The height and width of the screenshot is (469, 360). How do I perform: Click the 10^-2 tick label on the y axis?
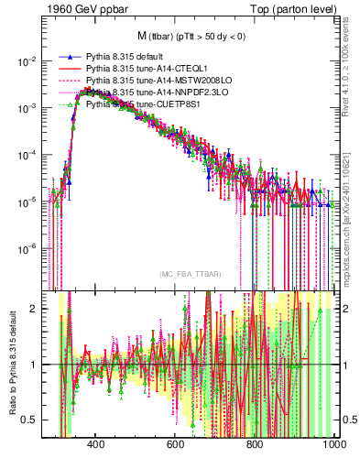coord(28,60)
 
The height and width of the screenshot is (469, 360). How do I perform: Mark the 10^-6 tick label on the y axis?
coord(28,248)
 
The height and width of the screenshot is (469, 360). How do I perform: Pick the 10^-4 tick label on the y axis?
coord(28,155)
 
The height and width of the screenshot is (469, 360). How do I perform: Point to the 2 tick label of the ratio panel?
coord(37,308)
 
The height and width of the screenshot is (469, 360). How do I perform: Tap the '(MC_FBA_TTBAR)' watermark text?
coord(189,275)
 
